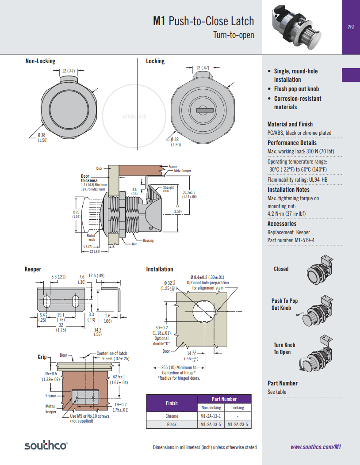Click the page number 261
point(351,27)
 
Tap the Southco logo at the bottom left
point(46,446)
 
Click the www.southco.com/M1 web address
point(316,447)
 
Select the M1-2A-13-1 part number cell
point(211,416)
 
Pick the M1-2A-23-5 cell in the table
point(237,424)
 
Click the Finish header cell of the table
point(172,403)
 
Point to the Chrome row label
point(172,416)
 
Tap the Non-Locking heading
point(40,61)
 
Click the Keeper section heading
point(33,269)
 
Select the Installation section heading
point(160,269)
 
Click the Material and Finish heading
point(290,124)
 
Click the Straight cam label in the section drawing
point(169,189)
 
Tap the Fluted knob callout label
point(91,238)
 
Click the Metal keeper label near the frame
point(184,171)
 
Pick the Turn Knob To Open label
point(284,348)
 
